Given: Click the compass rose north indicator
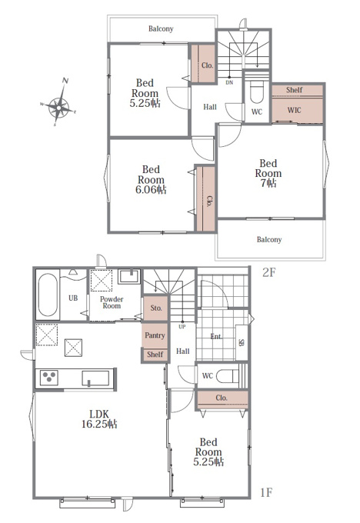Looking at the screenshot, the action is (65, 81).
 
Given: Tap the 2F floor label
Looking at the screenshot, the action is (269, 272).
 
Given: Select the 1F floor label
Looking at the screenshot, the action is (266, 492).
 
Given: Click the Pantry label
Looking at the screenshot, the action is (155, 335).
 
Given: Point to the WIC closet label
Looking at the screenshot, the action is (294, 110).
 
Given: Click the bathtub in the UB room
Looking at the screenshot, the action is (48, 295).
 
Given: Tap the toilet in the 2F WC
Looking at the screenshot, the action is (257, 92).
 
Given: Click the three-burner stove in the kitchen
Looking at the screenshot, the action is (49, 378).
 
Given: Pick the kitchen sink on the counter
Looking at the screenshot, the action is (95, 378).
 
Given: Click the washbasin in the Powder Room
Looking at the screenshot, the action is (129, 276).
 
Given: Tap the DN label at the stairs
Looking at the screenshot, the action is (229, 82).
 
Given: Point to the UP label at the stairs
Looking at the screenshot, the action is (182, 327).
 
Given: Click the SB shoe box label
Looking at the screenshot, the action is (242, 342).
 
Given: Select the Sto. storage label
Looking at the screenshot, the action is (156, 308).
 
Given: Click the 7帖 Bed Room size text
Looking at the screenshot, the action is (268, 183).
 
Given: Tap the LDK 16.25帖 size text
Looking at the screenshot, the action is (99, 419).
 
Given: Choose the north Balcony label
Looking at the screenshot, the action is (161, 28).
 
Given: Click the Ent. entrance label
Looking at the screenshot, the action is (216, 337).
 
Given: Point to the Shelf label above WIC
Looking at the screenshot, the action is (295, 90).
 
